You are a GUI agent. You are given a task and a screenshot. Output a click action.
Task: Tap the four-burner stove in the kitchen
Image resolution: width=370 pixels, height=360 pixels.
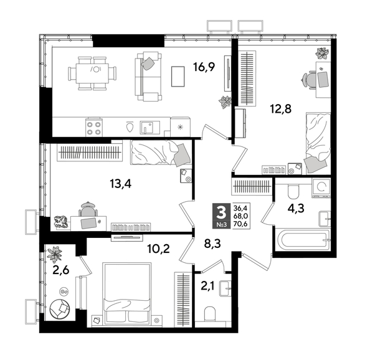[94, 128]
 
